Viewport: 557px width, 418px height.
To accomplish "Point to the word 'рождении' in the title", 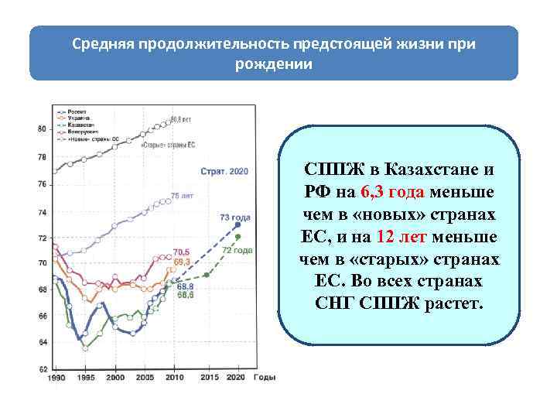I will tap(274, 64).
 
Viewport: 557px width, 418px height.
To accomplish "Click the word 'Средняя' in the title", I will tap(103, 43).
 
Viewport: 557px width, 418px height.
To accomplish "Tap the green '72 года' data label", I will tap(237, 251).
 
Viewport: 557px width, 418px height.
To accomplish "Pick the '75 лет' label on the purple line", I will tap(182, 196).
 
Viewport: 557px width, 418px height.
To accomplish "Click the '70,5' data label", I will tap(182, 252).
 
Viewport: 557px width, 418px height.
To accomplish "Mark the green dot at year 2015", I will tap(207, 275).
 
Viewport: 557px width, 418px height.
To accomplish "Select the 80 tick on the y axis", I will tap(42, 128).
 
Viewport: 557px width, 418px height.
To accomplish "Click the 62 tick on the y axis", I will tap(42, 369).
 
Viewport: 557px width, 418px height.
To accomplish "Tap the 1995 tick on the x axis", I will tap(86, 378).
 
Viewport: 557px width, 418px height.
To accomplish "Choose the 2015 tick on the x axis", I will tap(208, 378).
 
